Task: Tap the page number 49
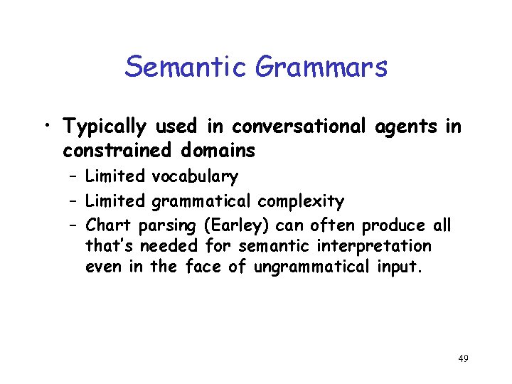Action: (463, 358)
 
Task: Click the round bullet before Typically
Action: (46, 129)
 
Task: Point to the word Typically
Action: (105, 128)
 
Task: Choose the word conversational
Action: (298, 127)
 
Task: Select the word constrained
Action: (114, 151)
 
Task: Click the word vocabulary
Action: (194, 176)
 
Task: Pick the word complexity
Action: (301, 202)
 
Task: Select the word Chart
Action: (109, 226)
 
